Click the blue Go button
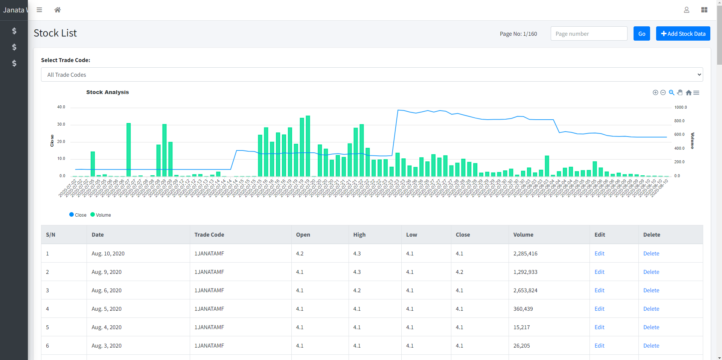[641, 33]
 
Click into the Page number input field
[589, 33]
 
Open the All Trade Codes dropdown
[372, 74]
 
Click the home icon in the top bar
[57, 10]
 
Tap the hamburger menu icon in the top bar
[39, 10]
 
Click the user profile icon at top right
[686, 10]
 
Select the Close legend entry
[78, 215]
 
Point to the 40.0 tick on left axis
[61, 107]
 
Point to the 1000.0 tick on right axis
[680, 107]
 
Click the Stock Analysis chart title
[107, 92]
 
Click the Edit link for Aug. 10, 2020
[599, 254]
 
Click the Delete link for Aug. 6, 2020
[651, 290]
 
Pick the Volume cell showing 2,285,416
[525, 254]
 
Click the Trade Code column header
[209, 235]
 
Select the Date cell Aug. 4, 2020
[107, 327]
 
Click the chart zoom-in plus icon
[655, 93]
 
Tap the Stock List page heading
[55, 33]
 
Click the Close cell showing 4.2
[459, 272]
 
